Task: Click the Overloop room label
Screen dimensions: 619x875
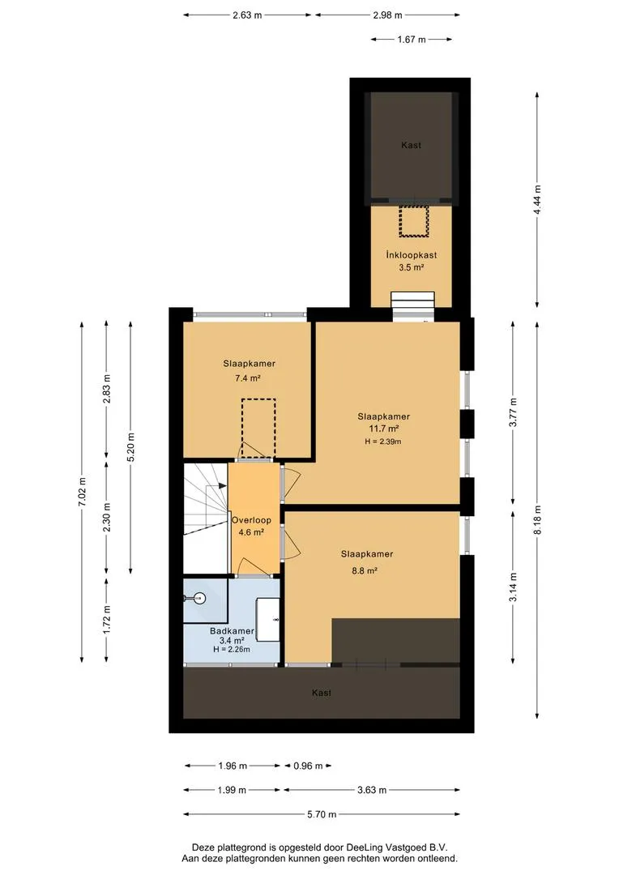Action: (x=251, y=520)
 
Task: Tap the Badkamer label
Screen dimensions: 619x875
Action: (x=232, y=631)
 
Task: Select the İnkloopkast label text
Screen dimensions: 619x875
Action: (x=412, y=255)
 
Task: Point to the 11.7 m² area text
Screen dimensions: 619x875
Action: (x=383, y=429)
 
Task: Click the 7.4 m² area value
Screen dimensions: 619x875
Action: (x=248, y=378)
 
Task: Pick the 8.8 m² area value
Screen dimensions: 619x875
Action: (x=365, y=571)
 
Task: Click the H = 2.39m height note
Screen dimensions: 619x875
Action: (x=383, y=442)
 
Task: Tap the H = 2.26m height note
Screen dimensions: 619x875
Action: (x=231, y=650)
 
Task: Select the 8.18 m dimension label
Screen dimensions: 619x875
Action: (x=537, y=519)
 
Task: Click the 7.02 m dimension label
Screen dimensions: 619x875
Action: (x=82, y=493)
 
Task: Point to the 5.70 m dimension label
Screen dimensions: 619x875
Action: (x=322, y=814)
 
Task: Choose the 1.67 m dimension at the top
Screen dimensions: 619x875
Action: (x=412, y=40)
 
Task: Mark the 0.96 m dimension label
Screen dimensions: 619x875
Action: (x=308, y=766)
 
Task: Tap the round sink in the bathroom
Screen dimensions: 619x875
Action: (x=199, y=599)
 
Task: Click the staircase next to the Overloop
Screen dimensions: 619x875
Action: (x=206, y=517)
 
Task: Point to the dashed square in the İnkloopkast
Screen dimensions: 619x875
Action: (x=413, y=221)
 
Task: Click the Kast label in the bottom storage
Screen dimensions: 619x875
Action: (x=322, y=693)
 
